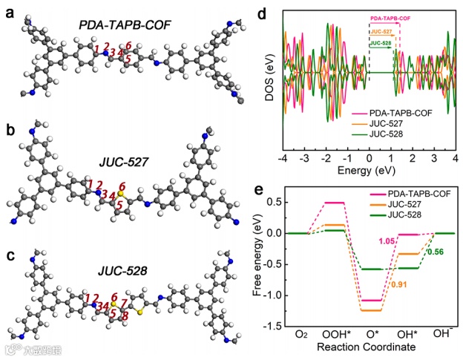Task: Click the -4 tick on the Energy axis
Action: point(283,158)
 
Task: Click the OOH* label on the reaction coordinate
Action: point(334,335)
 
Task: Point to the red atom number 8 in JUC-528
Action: point(123,316)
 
